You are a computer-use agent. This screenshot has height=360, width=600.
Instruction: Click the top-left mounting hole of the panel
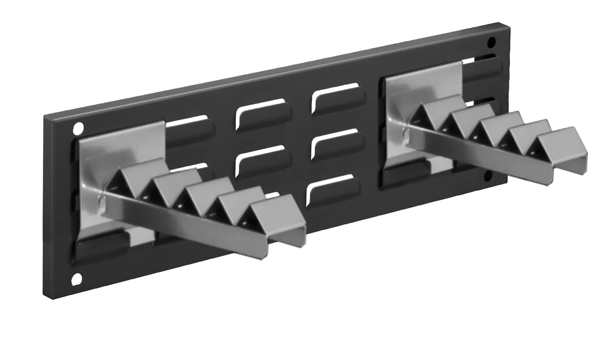pos(78,128)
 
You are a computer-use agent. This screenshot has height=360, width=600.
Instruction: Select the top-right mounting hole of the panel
pos(491,43)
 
